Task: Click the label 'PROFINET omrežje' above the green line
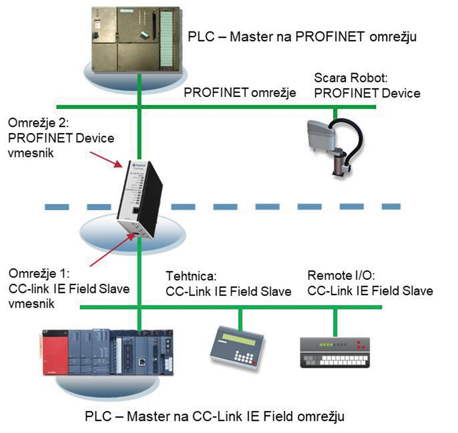tap(240, 93)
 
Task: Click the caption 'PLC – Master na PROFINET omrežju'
tap(303, 36)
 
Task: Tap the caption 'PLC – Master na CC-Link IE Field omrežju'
tap(215, 417)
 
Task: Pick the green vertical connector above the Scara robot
tap(335, 112)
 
